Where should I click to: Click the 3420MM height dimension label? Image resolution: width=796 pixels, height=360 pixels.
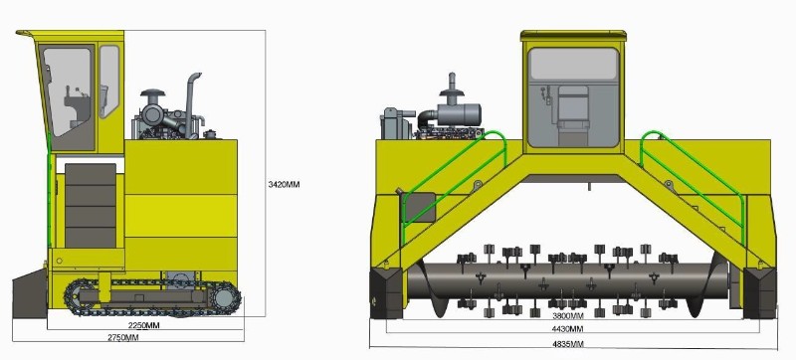[x=284, y=185]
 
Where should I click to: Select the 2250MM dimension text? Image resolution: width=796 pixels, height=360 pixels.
[x=143, y=325]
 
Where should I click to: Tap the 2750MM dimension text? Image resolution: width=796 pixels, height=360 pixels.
[x=122, y=337]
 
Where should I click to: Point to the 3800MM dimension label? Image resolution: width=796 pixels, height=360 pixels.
[x=567, y=315]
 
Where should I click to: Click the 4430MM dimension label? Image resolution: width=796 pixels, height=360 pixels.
[x=567, y=329]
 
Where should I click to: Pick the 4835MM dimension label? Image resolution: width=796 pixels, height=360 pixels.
[x=567, y=344]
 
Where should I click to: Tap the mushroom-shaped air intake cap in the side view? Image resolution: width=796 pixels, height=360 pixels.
[x=153, y=93]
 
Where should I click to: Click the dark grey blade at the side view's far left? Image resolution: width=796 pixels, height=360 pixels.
[x=30, y=295]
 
